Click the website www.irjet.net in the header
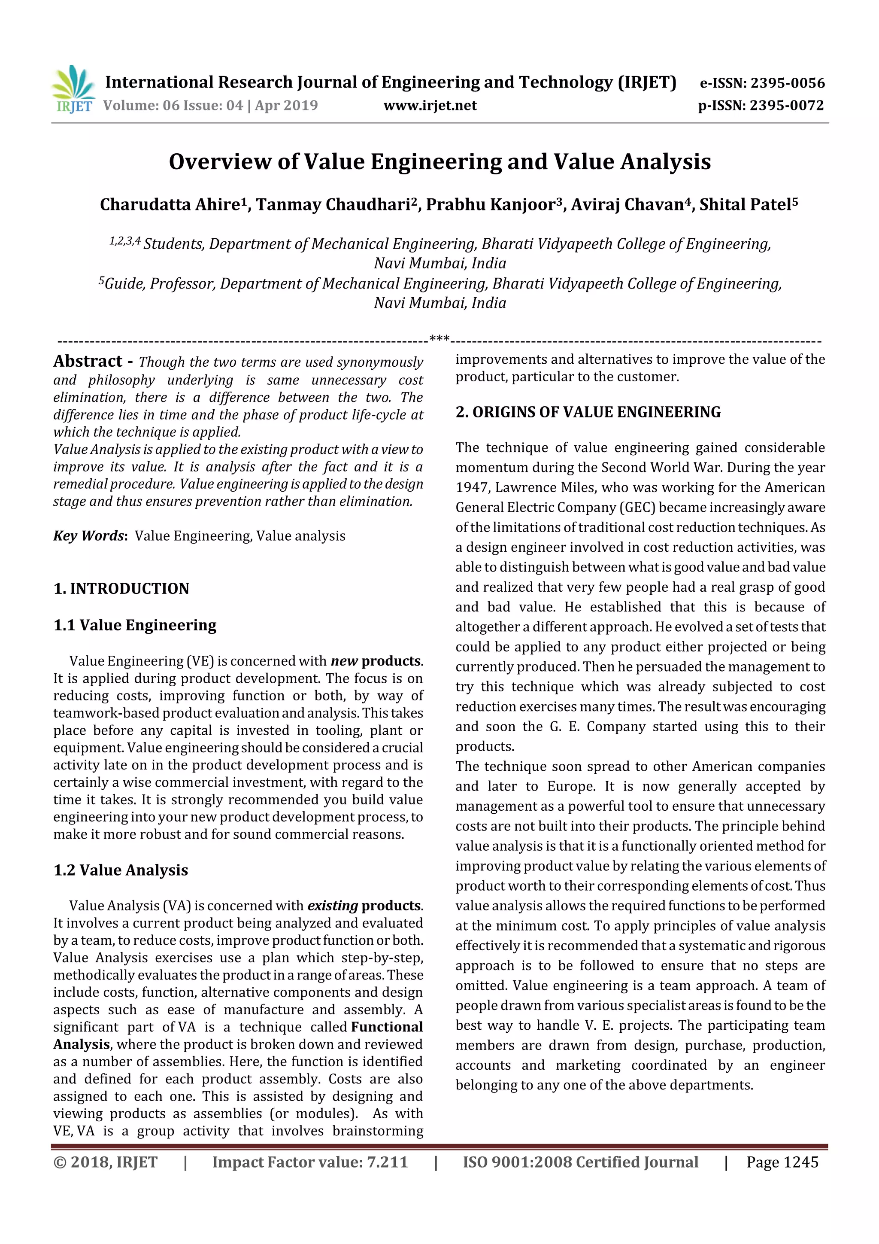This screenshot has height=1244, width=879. coord(430,106)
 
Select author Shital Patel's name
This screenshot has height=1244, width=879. coord(745,205)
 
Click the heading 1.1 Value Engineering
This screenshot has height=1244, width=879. coord(135,625)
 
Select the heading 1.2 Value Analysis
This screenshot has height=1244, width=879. coord(121,870)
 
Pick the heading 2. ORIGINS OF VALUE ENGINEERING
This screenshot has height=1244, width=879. coord(588,412)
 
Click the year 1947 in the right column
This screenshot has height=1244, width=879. coord(472,488)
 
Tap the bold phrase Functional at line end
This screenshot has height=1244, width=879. coord(387,1027)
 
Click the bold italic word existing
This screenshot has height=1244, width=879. coord(333,906)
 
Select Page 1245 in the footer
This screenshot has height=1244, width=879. coord(782,1162)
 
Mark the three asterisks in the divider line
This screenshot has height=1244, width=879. coord(439,339)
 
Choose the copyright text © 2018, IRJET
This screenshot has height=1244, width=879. coord(106,1162)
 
